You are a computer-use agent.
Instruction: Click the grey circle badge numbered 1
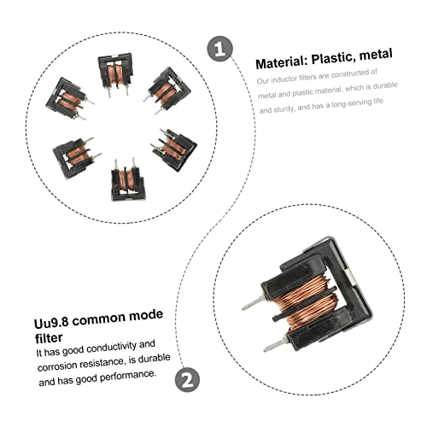(219, 49)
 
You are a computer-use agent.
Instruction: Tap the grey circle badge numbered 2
(187, 380)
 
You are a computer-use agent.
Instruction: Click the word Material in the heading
(281, 62)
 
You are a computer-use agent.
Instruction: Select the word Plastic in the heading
(333, 58)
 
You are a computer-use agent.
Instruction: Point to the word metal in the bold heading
(376, 55)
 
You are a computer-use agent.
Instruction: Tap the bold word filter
(49, 338)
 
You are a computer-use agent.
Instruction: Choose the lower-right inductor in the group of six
(174, 149)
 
